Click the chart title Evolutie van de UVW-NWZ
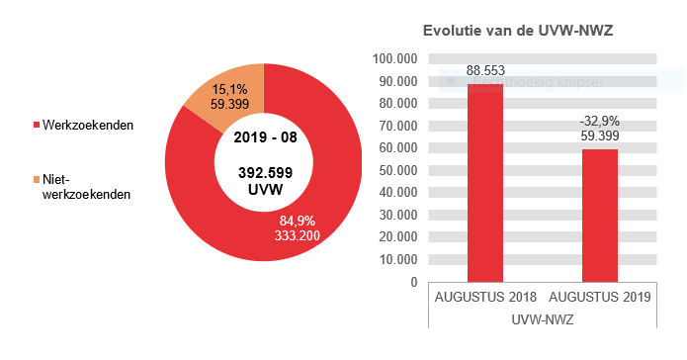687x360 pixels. coord(518,31)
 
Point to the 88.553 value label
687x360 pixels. coord(485,71)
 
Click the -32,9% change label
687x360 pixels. coord(600,122)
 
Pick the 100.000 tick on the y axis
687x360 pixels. coord(392,58)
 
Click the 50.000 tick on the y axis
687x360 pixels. coord(395,170)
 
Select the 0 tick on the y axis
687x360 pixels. coord(413,282)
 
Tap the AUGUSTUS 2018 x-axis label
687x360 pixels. coord(485,298)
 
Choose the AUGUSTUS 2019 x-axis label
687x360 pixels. coord(600,298)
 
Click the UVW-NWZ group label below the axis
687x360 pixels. coord(543,319)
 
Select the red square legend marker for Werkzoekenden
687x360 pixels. coord(37,126)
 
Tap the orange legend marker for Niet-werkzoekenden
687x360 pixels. coord(37,179)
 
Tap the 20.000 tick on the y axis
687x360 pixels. coord(395,237)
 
